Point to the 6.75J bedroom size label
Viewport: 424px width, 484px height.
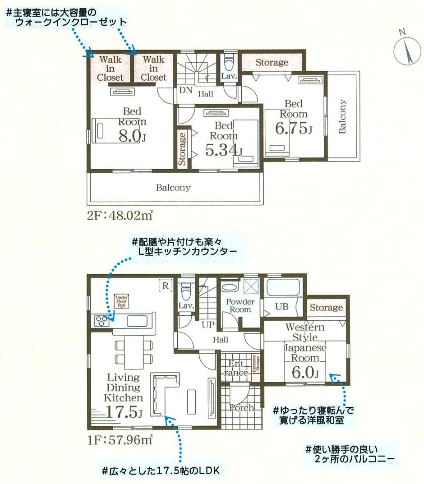294,129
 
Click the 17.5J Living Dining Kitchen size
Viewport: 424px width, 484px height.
124,411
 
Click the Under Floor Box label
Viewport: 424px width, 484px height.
121,300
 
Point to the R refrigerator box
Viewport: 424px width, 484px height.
166,285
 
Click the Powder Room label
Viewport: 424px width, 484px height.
240,305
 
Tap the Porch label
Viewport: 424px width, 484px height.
241,408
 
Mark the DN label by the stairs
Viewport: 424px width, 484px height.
185,90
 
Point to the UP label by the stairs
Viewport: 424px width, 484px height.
207,324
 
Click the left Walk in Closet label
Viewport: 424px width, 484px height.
110,68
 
